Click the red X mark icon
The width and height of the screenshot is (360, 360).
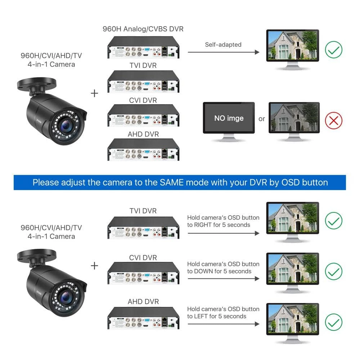[333, 121]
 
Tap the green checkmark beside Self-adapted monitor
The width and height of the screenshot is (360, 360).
[333, 50]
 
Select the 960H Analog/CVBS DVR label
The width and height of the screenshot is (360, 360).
[143, 29]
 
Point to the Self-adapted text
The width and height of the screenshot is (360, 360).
[223, 45]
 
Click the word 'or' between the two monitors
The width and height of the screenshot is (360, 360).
[262, 119]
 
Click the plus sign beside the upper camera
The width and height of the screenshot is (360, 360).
[94, 93]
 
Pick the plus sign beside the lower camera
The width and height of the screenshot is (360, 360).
[94, 266]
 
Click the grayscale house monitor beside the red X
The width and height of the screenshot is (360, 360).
[294, 118]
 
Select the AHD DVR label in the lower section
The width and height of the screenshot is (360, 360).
[143, 302]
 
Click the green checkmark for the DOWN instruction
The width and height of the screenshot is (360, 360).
[333, 271]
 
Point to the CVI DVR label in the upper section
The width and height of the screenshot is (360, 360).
[143, 100]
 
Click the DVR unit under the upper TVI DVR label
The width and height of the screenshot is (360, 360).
[143, 83]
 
